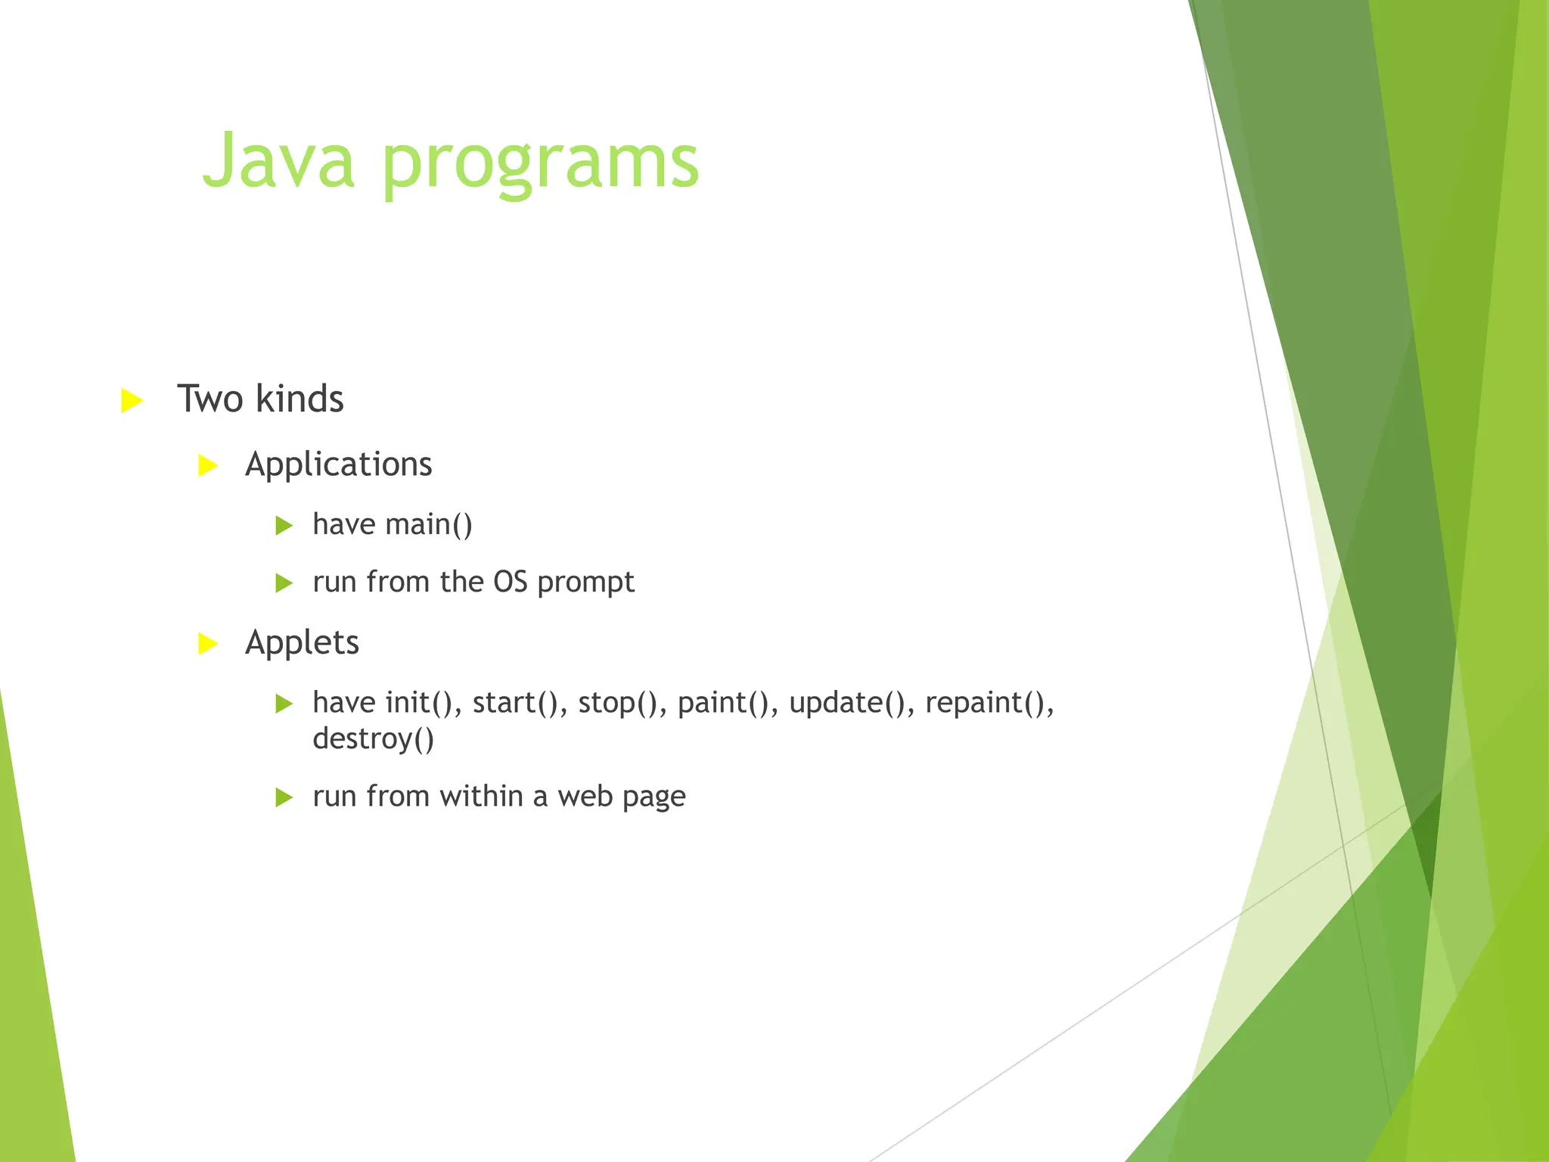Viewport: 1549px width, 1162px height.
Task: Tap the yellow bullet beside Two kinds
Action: click(132, 400)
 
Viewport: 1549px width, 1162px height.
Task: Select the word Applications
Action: click(338, 464)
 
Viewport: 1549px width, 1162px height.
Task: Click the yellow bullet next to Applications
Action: click(207, 465)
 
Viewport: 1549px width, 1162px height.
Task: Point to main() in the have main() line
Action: click(429, 524)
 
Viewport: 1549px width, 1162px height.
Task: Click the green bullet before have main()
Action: click(284, 525)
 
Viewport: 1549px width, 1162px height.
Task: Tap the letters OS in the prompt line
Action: click(510, 582)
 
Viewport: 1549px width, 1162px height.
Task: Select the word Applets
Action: click(302, 643)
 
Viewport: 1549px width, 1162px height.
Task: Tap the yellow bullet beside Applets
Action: click(207, 644)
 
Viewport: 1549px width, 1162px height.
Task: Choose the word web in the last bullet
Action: click(585, 797)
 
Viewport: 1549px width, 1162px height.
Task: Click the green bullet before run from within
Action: click(284, 797)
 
